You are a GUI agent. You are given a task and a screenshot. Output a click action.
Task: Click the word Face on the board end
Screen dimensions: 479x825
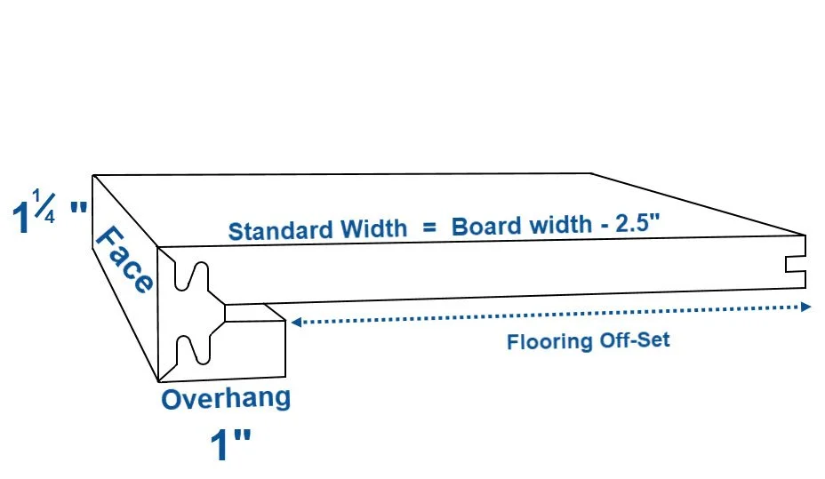click(124, 259)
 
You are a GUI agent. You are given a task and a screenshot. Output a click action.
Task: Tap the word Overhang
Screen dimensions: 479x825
click(226, 398)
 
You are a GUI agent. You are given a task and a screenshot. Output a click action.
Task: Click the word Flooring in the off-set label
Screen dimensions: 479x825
click(549, 341)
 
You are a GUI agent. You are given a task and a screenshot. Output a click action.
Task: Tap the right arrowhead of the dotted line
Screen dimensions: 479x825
click(806, 307)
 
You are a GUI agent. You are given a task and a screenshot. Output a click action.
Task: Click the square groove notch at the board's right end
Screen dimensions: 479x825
click(796, 266)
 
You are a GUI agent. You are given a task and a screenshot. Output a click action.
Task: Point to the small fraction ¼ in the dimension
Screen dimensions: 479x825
click(45, 205)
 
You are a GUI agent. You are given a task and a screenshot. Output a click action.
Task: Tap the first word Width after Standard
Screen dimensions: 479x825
click(372, 229)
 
